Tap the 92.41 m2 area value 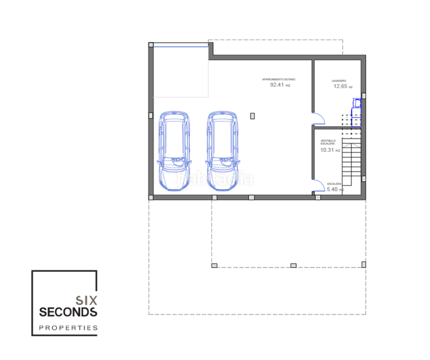click(x=280, y=85)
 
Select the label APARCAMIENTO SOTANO click(x=279, y=79)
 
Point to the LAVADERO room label click(x=339, y=80)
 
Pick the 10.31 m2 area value click(x=328, y=150)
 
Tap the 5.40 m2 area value click(x=335, y=190)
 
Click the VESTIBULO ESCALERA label click(x=327, y=143)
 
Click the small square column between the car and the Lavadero click(x=254, y=115)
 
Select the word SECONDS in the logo click(x=67, y=312)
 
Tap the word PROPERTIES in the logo click(x=67, y=328)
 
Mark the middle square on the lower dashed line click(x=293, y=265)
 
